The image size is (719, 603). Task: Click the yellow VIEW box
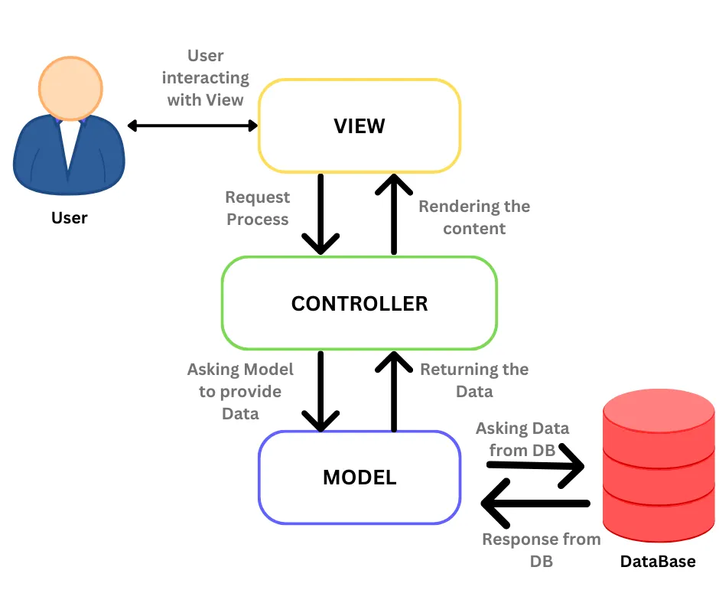(359, 125)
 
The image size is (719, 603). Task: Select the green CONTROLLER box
(359, 303)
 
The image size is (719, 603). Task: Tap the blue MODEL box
(359, 478)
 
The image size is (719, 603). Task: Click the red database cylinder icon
(659, 467)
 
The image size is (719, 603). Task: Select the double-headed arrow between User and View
(193, 125)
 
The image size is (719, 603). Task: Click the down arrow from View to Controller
(320, 214)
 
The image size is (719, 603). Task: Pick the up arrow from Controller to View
(394, 214)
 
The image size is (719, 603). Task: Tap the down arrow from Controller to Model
(320, 391)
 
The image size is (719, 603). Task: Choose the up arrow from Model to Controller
(394, 391)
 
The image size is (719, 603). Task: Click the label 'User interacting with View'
(205, 78)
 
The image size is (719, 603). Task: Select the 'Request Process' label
(257, 208)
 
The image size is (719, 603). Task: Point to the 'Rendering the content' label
(474, 217)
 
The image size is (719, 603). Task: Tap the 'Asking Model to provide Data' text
(240, 391)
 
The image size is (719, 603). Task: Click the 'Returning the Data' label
(474, 380)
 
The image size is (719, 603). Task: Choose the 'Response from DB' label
(541, 549)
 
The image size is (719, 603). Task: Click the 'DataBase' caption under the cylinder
(658, 562)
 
